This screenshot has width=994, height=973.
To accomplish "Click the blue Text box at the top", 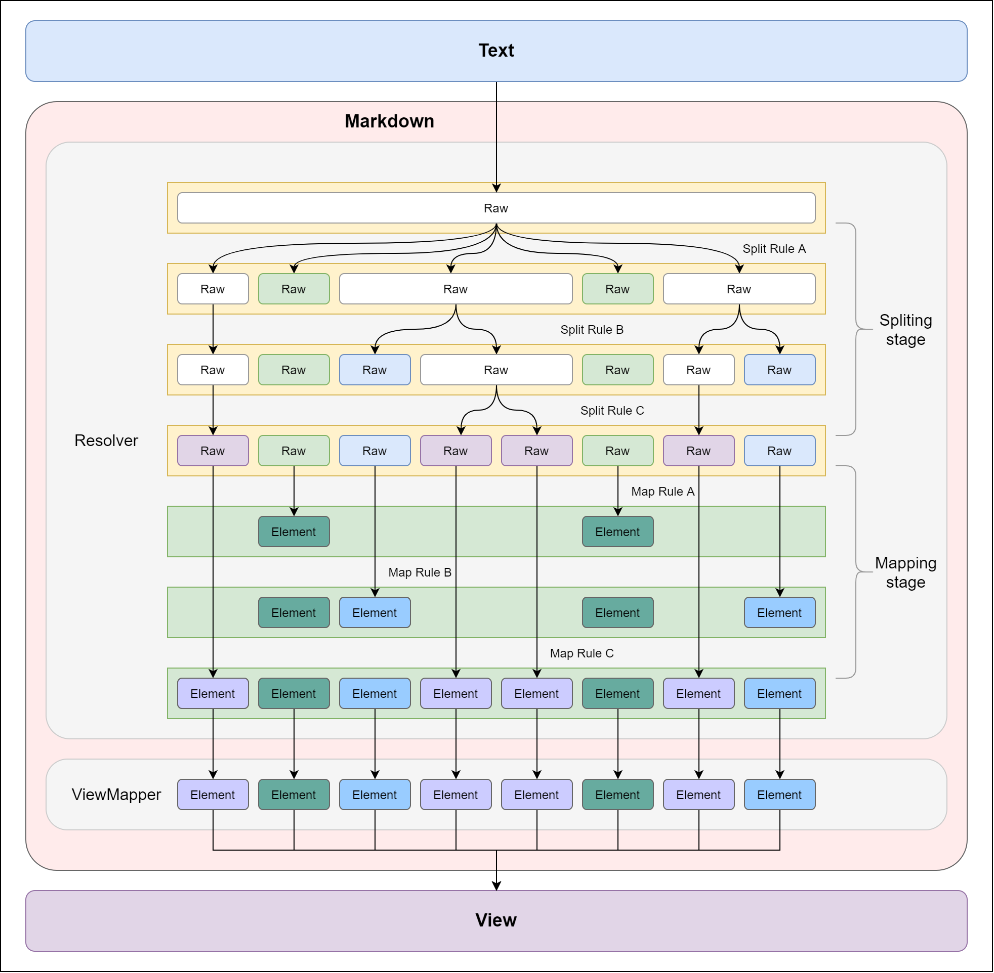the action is coord(496,51).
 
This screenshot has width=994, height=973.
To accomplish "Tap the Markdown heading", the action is coord(390,121).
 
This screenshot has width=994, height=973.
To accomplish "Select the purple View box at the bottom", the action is coord(496,921).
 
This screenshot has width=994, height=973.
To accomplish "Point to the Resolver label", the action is coord(106,441).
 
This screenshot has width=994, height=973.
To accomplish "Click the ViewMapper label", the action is coord(116,795).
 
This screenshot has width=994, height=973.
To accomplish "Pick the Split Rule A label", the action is coord(775,249).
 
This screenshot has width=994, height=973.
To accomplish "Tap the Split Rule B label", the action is coord(593,330).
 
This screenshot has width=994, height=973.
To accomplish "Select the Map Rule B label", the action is coord(420,573).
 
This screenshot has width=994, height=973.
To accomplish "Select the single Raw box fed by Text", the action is coord(496,208).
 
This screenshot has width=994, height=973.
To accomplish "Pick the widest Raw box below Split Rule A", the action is coord(456,289).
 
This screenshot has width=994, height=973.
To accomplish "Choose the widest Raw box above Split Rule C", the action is coord(496,371).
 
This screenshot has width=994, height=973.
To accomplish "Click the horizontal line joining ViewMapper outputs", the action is coord(496,851).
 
